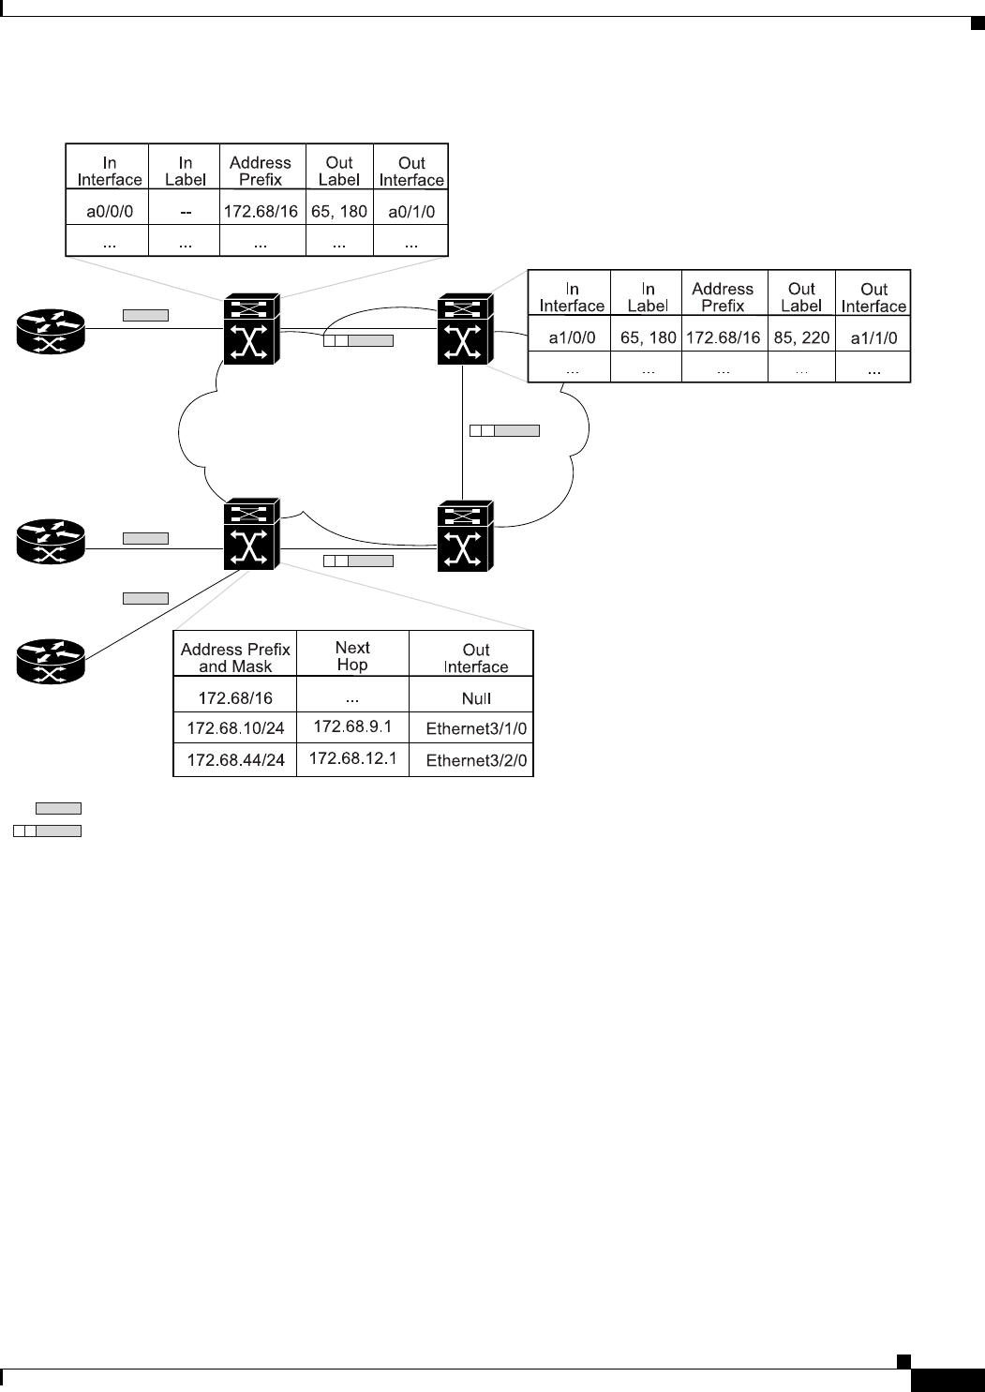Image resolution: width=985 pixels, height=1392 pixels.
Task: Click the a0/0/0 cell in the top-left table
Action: [x=110, y=212]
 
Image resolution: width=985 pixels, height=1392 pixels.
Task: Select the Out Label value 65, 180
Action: [x=339, y=212]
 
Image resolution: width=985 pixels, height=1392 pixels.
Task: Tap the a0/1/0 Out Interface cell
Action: [x=411, y=212]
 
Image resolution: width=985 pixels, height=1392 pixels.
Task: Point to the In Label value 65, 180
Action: [x=648, y=337]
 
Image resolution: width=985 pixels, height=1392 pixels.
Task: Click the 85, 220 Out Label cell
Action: [x=801, y=337]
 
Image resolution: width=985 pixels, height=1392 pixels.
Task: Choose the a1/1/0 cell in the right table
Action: [x=873, y=337]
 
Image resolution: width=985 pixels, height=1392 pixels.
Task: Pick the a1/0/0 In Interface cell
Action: [x=572, y=337]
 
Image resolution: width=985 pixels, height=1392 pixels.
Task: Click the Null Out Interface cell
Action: [x=476, y=698]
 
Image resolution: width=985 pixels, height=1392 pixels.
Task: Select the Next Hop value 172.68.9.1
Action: [x=352, y=726]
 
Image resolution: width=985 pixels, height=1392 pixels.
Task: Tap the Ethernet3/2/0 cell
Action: [x=476, y=760]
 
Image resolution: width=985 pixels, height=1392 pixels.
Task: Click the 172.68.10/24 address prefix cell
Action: [x=235, y=728]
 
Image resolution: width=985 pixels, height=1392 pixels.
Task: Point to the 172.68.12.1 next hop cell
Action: [x=352, y=757]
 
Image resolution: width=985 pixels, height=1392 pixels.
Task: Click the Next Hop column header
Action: [x=352, y=655]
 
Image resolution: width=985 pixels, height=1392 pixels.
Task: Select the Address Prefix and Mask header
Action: [x=235, y=657]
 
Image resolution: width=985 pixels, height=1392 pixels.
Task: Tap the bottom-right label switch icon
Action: [x=463, y=537]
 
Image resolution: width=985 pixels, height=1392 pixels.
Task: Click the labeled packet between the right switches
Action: [x=504, y=431]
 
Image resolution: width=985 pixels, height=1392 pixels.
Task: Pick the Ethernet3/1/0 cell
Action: [x=476, y=728]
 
